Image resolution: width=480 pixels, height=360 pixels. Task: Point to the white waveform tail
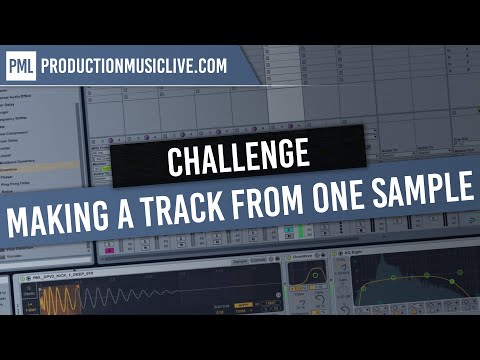(x=180, y=298)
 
